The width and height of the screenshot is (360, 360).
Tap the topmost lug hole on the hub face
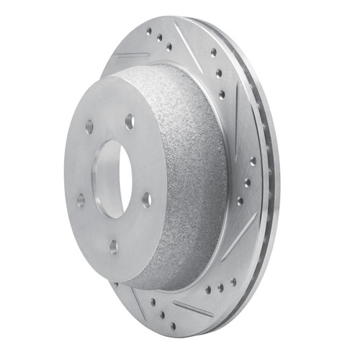pyautogui.click(x=129, y=121)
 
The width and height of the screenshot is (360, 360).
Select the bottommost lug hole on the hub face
pyautogui.click(x=113, y=246)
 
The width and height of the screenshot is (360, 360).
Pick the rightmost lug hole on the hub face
pyautogui.click(x=146, y=199)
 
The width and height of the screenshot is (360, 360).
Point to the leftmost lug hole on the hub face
pyautogui.click(x=81, y=199)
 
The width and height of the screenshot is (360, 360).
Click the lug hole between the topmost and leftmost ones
pyautogui.click(x=89, y=127)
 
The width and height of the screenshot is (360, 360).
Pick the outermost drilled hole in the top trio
pyautogui.click(x=148, y=32)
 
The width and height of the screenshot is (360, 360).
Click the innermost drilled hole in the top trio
pyautogui.click(x=169, y=47)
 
